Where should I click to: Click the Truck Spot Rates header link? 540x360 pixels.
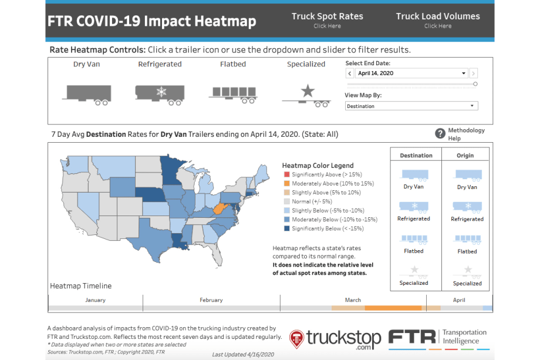pos(327,20)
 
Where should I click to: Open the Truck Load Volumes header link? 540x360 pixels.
pos(437,20)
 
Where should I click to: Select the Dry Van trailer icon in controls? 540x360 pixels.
pos(86,93)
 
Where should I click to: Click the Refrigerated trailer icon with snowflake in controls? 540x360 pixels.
pos(159,93)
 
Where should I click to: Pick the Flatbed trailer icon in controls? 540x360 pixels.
pos(233,93)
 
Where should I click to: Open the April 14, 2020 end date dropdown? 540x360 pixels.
pos(411,73)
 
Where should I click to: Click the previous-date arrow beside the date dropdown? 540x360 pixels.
pos(350,73)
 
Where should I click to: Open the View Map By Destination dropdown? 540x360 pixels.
pos(411,106)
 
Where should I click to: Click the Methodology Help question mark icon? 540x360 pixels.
pos(440,133)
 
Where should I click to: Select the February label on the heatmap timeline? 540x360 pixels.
pos(211,300)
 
